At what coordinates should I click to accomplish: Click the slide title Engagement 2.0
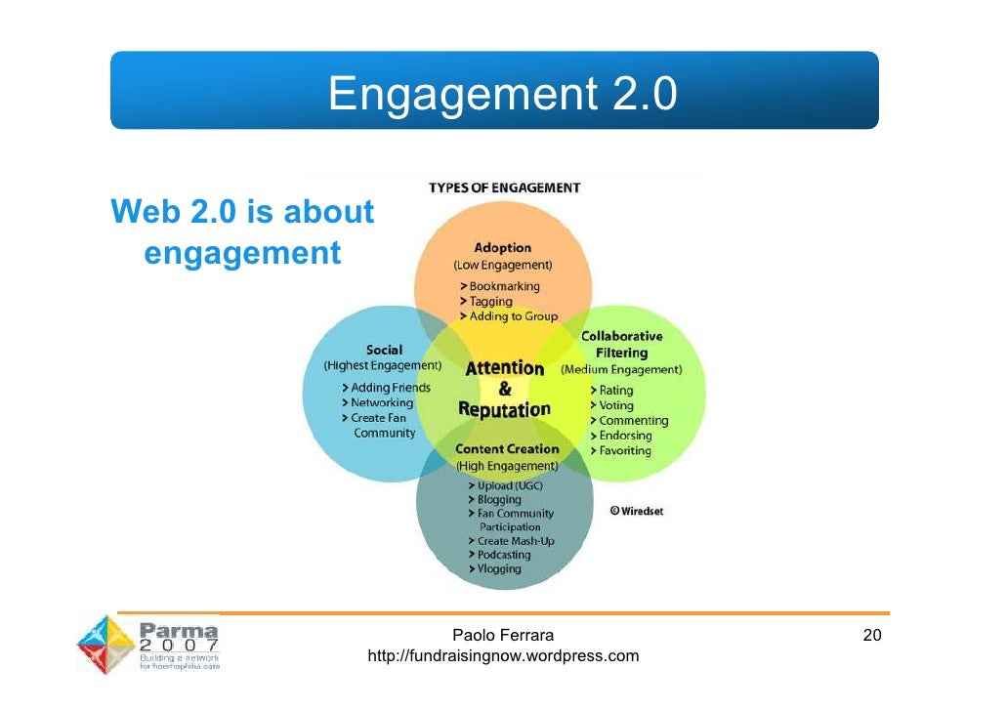click(502, 95)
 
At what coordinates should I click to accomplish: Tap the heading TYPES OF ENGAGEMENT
click(504, 188)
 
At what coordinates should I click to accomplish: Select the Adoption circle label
click(502, 248)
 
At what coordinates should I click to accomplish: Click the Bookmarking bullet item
click(504, 286)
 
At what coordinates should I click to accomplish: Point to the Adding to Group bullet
click(513, 316)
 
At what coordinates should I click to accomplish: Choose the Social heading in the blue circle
click(384, 350)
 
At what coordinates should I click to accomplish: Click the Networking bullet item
click(382, 402)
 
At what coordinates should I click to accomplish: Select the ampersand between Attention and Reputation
click(504, 388)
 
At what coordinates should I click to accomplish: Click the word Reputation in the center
click(504, 408)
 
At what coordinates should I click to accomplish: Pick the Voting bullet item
click(616, 405)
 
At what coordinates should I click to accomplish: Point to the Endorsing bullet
click(625, 436)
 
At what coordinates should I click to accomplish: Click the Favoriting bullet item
click(625, 450)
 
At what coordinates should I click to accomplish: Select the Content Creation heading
click(506, 449)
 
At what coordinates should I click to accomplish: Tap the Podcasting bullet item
click(503, 555)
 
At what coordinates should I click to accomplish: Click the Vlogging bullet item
click(499, 568)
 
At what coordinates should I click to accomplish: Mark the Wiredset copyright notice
click(637, 510)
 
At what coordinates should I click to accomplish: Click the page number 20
click(872, 636)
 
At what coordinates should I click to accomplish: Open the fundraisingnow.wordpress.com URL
click(502, 655)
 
